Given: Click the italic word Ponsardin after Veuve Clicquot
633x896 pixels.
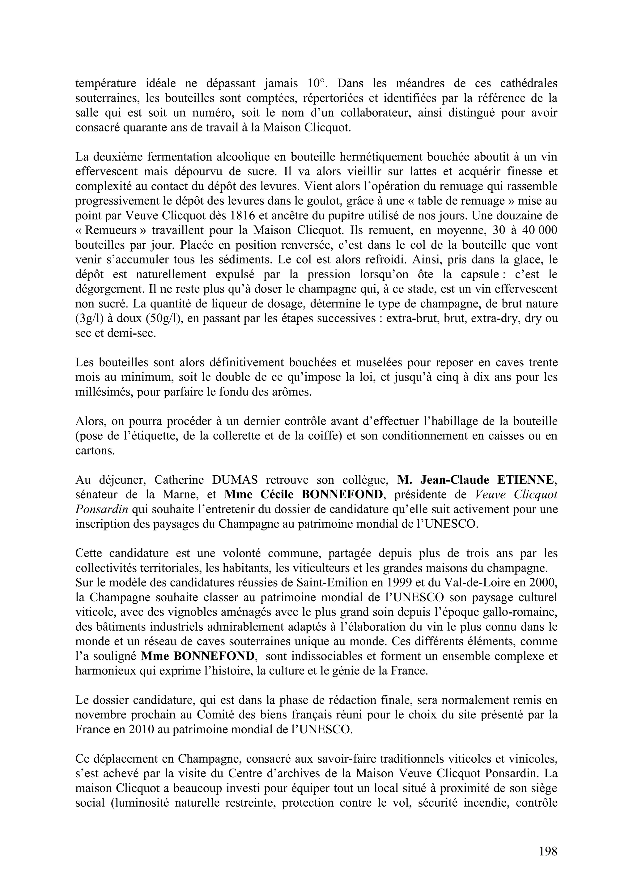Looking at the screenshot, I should click(101, 509).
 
